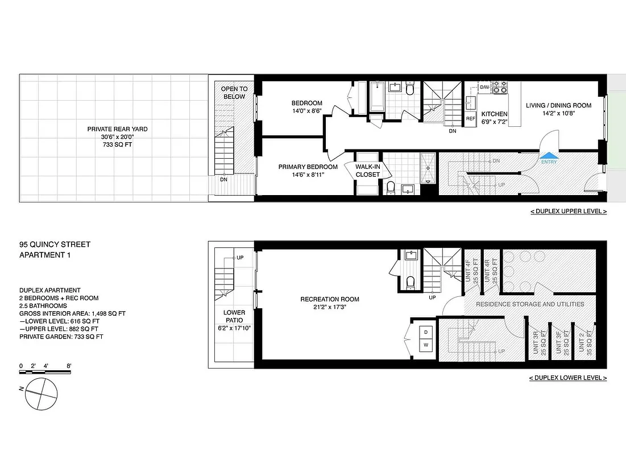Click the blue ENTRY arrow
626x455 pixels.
click(549, 155)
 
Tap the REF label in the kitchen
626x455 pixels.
click(470, 119)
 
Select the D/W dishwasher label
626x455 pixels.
click(484, 87)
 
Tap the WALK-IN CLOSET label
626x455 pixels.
click(367, 171)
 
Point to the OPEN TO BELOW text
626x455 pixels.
click(234, 93)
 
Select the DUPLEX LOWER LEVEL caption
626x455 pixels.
click(567, 378)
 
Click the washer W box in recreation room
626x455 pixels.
click(425, 345)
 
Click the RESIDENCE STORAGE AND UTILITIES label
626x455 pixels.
click(530, 304)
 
